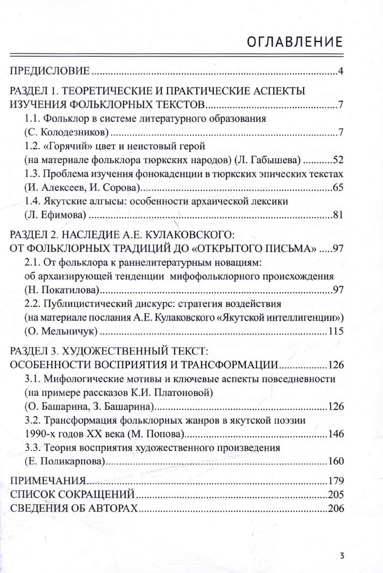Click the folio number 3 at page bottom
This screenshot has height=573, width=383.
342,556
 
